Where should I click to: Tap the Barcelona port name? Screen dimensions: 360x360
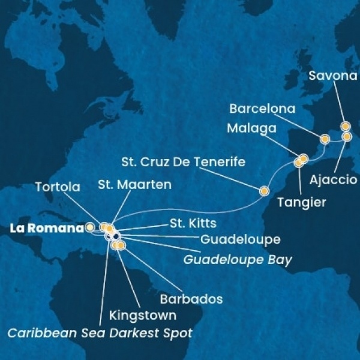(263, 109)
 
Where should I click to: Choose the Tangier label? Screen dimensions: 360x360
(302, 203)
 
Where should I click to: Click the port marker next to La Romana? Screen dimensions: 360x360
(90, 227)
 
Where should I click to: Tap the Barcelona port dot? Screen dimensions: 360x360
(325, 139)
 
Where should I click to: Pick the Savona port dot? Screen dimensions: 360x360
(345, 126)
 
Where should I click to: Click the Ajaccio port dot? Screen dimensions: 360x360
(346, 137)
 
